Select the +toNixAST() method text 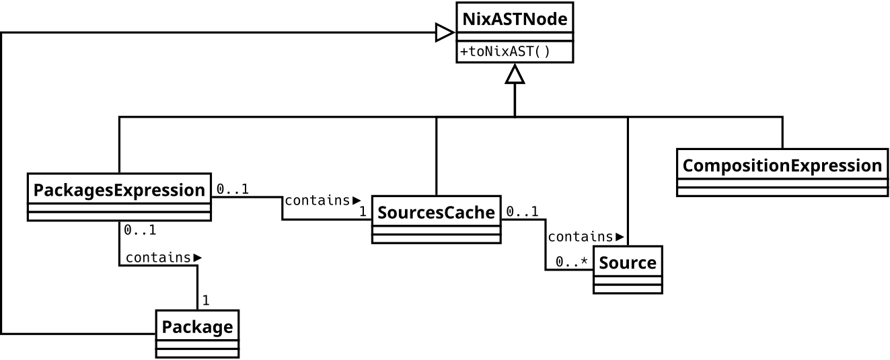pyautogui.click(x=505, y=52)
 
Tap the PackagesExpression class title pyautogui.click(x=119, y=190)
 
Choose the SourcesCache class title pyautogui.click(x=436, y=213)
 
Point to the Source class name pyautogui.click(x=628, y=262)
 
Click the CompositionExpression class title pyautogui.click(x=782, y=166)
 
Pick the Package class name pyautogui.click(x=197, y=328)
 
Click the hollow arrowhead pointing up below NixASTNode pyautogui.click(x=515, y=74)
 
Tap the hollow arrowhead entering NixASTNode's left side pyautogui.click(x=445, y=32)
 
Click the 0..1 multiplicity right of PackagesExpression pyautogui.click(x=233, y=190)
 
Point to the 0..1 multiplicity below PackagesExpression pyautogui.click(x=140, y=230)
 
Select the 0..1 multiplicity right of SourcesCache pyautogui.click(x=522, y=212)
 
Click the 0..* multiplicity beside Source pyautogui.click(x=572, y=262)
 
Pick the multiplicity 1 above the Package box pyautogui.click(x=206, y=300)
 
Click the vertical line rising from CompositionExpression pyautogui.click(x=782, y=132)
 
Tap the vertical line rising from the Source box pyautogui.click(x=628, y=182)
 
